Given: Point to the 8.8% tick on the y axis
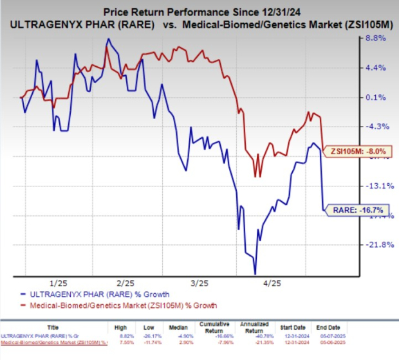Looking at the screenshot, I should click(375, 39).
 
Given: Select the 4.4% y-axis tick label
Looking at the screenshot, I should click(375, 68).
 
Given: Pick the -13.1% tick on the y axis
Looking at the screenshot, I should click(373, 186).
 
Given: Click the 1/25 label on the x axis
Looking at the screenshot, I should click(59, 283).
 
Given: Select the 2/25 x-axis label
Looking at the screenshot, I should click(126, 283).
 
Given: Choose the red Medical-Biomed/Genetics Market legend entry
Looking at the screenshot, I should click(122, 305).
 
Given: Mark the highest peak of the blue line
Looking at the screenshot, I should click(108, 39).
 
